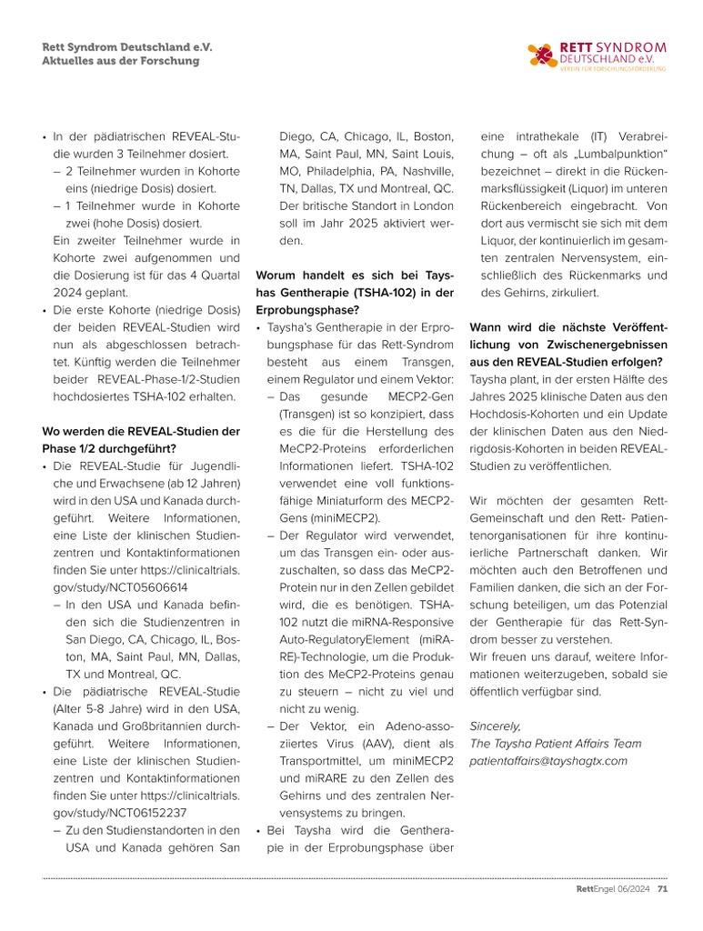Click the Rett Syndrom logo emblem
point(542,56)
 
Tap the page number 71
point(663,889)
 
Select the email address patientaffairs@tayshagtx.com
point(547,760)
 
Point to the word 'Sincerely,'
point(496,726)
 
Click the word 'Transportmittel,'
point(320,761)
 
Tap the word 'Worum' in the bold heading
point(279,275)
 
